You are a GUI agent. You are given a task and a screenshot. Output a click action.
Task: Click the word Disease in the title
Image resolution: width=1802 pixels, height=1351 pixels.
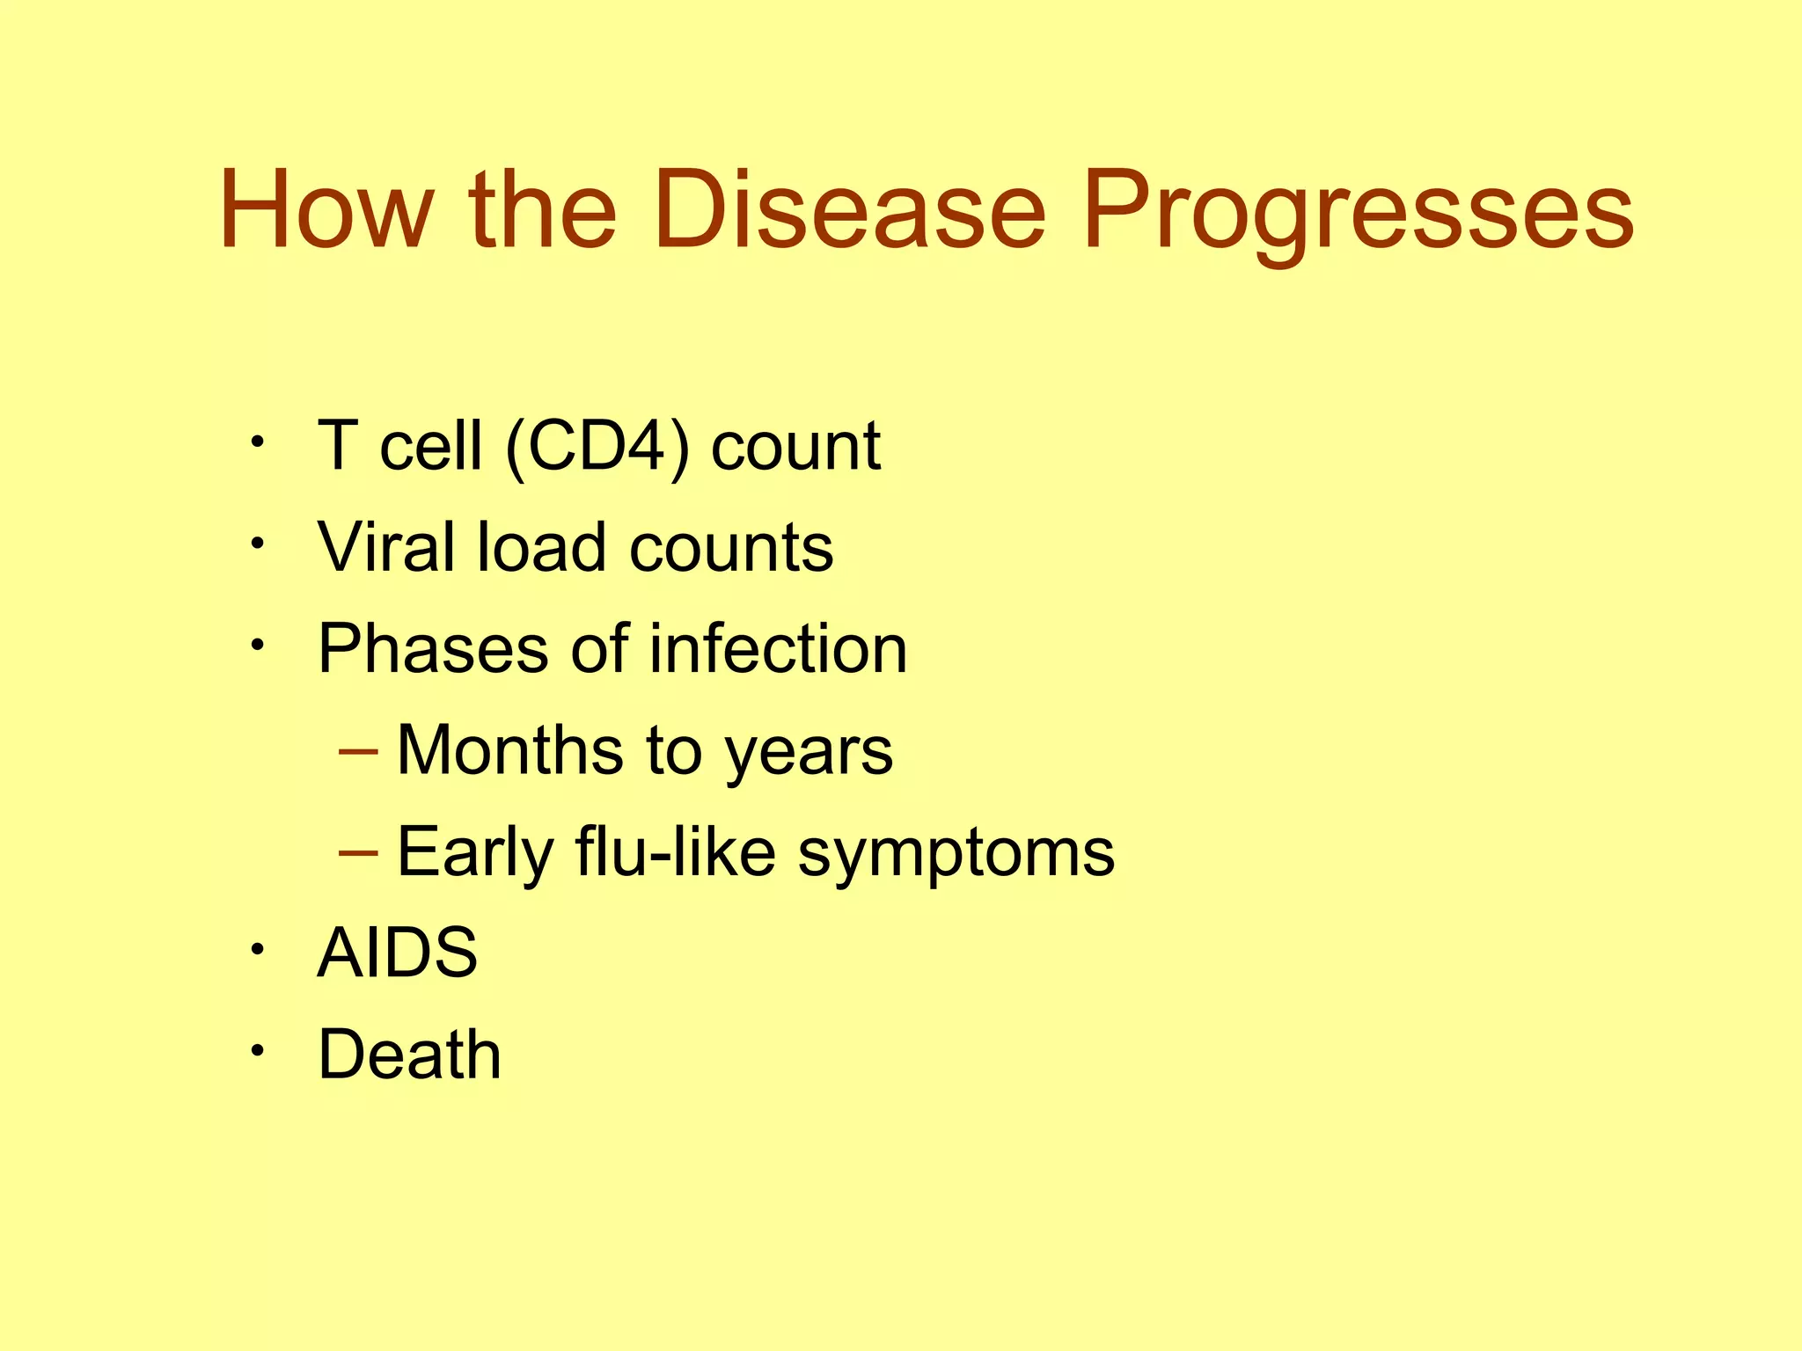(849, 211)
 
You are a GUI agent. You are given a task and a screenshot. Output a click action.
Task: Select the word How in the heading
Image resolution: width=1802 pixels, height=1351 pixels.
(326, 211)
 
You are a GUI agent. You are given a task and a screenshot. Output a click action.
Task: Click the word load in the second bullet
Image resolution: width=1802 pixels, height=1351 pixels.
(541, 548)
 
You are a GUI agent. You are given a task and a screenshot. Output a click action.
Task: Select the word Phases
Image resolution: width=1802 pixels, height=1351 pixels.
(434, 649)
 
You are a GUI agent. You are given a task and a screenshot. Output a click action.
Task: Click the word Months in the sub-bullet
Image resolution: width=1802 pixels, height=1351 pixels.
(509, 750)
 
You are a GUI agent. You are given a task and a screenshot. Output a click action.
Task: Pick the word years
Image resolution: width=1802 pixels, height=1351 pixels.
(809, 755)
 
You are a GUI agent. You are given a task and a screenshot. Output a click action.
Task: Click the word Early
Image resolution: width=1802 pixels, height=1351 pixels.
(475, 853)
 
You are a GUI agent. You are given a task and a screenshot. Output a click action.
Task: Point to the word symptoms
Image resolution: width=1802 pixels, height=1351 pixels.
(956, 855)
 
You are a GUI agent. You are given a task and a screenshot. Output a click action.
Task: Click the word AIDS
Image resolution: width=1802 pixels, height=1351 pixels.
(397, 953)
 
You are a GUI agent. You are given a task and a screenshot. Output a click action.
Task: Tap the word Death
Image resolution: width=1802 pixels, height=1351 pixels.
(409, 1055)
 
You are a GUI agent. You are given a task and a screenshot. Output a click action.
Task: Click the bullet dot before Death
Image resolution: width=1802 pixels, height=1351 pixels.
(256, 1051)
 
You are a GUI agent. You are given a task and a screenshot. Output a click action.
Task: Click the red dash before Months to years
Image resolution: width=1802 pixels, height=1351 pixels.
(358, 753)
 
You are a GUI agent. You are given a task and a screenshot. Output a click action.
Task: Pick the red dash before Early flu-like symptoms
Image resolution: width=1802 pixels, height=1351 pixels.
(358, 854)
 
